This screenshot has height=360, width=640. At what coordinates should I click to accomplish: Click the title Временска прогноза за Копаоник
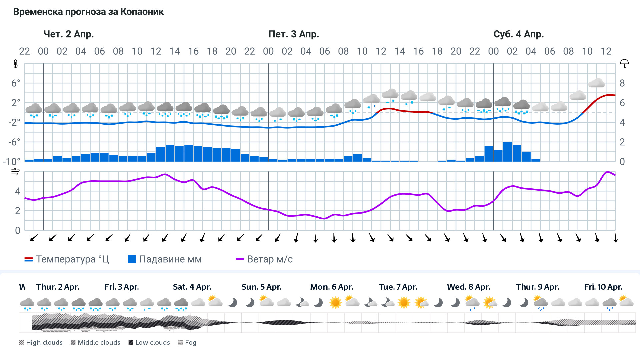[88, 12]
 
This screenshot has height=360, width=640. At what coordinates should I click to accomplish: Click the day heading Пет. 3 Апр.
[294, 34]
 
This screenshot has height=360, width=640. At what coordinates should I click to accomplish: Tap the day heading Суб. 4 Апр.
[518, 34]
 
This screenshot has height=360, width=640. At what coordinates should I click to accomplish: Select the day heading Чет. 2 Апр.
[69, 34]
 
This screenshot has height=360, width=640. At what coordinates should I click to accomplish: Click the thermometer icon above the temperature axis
[16, 64]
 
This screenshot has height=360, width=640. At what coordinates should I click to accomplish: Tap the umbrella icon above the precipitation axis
[624, 63]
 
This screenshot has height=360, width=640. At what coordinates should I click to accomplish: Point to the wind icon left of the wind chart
[15, 172]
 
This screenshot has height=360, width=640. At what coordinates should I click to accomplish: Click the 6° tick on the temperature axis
[16, 83]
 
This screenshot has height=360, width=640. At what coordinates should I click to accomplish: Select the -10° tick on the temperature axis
[12, 162]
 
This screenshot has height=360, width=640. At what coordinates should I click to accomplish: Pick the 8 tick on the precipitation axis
[622, 83]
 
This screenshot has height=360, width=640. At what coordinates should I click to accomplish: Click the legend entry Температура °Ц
[67, 259]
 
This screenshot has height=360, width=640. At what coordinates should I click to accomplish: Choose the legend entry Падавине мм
[165, 259]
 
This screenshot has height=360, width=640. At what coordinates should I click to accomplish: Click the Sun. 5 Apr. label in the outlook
[261, 287]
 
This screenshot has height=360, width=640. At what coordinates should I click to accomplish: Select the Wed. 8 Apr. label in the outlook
[468, 287]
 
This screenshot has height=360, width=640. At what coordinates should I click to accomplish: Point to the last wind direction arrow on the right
[615, 238]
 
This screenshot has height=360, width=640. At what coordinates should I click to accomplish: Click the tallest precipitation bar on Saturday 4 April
[507, 152]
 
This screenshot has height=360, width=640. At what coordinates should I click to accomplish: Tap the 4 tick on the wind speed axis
[18, 191]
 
